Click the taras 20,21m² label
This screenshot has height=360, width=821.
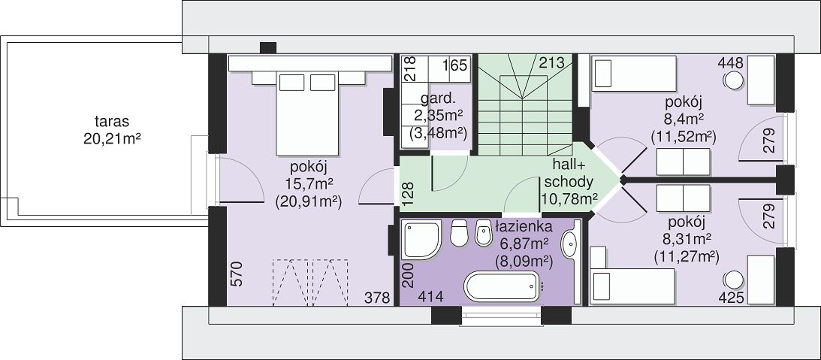(113, 131)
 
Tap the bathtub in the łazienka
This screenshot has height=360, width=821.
(501, 286)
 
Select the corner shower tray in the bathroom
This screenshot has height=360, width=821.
(421, 240)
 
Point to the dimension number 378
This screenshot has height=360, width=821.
(378, 298)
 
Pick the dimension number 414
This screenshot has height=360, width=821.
(431, 297)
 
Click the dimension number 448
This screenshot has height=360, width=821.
(730, 63)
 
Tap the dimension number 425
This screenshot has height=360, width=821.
(731, 298)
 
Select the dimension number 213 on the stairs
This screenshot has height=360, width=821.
(552, 63)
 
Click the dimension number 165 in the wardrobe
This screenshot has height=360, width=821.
(454, 66)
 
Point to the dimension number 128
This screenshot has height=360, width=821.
(409, 193)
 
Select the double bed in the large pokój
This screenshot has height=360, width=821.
(307, 113)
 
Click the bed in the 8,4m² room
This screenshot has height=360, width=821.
(634, 74)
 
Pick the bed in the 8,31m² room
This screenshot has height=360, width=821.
(632, 286)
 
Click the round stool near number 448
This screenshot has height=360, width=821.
(734, 80)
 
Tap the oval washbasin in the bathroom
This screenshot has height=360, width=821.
(569, 245)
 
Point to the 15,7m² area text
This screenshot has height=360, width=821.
(309, 184)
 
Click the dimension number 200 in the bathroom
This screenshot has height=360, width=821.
(409, 276)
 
